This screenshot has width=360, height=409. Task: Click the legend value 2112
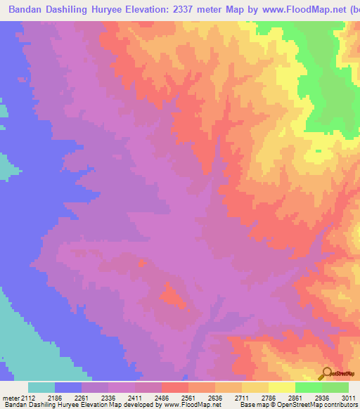click(x=29, y=398)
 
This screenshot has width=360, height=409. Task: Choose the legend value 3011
click(x=347, y=398)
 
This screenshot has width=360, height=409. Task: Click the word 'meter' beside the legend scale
click(x=9, y=398)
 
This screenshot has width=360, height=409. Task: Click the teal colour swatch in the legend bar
click(x=41, y=387)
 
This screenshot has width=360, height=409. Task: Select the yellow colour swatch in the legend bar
click(x=281, y=387)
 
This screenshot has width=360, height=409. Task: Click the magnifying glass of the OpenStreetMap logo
click(x=327, y=372)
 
